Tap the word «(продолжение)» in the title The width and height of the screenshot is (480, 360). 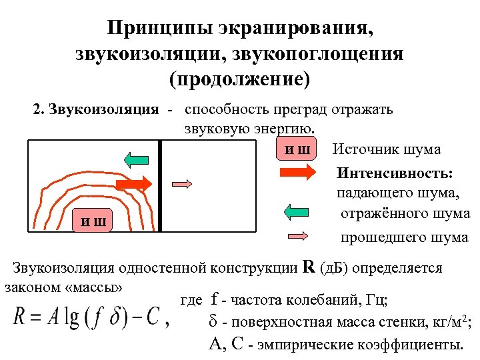coord(240,79)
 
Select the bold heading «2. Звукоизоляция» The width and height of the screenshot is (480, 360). coord(96,109)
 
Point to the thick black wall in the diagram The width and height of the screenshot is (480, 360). coord(161,186)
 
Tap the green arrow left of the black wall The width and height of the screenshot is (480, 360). coord(136,159)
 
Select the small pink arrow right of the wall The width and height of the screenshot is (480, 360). coord(182,184)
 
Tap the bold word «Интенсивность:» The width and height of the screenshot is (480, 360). coord(395,173)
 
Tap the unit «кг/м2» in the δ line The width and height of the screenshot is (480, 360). coord(449,323)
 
